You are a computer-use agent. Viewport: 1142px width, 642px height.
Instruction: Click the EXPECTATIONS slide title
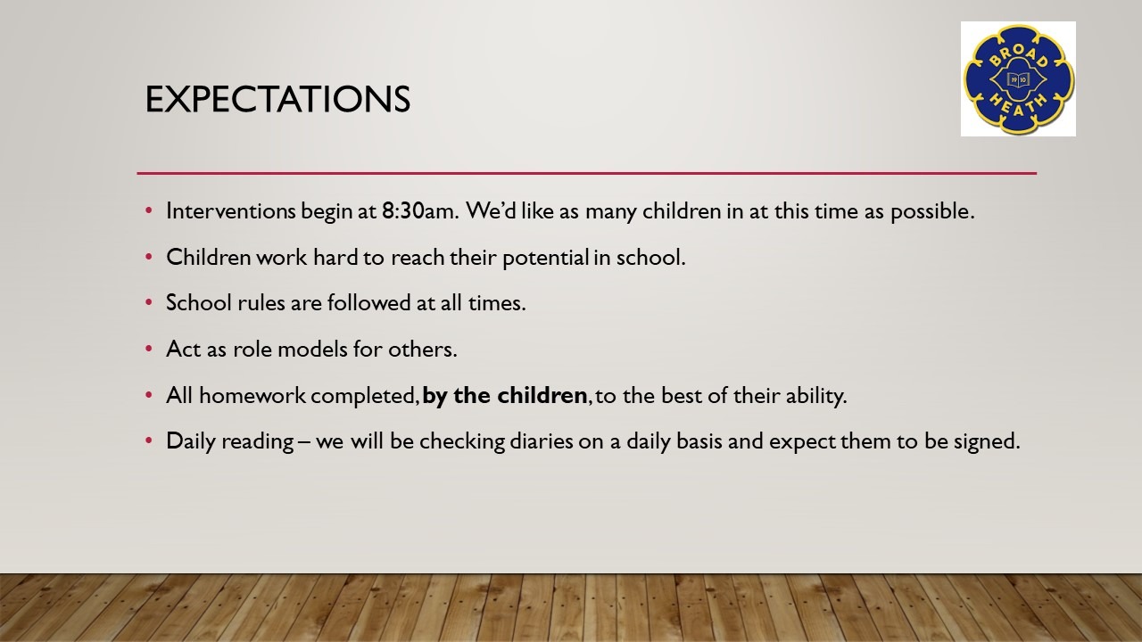(277, 99)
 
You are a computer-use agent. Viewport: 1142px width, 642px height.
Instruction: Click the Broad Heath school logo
(1018, 79)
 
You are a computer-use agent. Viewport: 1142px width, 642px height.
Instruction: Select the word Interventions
(230, 211)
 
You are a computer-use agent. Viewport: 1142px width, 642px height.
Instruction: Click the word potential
(546, 258)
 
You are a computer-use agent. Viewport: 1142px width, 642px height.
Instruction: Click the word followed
(368, 302)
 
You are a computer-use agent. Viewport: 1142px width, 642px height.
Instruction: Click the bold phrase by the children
(505, 395)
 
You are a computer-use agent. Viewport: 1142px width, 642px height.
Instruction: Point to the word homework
(252, 395)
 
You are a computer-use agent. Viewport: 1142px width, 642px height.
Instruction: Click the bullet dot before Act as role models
(149, 349)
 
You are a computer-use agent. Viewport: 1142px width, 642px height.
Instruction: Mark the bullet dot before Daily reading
(149, 440)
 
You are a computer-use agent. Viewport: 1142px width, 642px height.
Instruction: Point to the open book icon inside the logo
(1018, 79)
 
